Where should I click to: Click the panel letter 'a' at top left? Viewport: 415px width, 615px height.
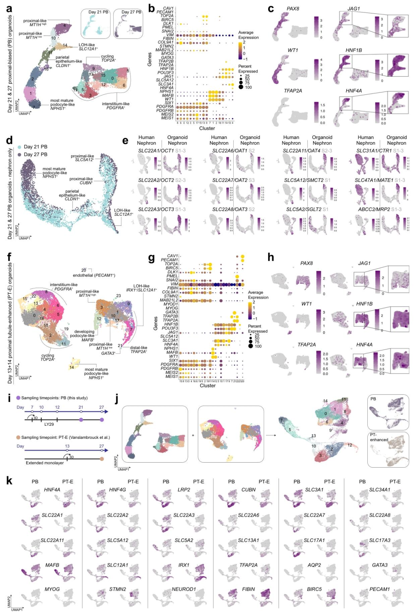coord(9,8)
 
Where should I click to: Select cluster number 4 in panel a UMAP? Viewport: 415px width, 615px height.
coord(65,26)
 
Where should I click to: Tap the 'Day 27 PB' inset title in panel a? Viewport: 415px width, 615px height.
coord(131,12)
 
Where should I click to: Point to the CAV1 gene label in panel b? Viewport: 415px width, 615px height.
coord(168,8)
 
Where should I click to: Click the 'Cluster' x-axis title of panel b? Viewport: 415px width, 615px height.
coord(207,128)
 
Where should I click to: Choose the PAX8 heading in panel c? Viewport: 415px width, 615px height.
coord(293,8)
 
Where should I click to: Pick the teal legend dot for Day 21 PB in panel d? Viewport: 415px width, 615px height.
coord(19,147)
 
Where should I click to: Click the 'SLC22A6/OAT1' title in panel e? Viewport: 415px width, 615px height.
coord(230,151)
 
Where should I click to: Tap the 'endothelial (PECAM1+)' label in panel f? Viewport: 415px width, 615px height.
coord(94,275)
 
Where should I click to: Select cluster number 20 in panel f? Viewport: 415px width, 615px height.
coord(84,270)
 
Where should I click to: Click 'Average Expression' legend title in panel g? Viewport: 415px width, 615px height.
coord(258,295)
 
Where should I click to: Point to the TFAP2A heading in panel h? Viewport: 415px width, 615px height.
coord(307,345)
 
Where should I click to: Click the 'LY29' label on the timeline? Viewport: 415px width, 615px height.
coord(49,424)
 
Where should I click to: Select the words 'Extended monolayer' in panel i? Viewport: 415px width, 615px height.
coord(45,463)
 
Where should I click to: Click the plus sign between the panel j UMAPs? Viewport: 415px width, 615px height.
coord(193,435)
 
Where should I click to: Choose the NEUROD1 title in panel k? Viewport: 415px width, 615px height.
coord(184,589)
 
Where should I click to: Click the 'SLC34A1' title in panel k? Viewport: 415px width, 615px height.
coord(380,489)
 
